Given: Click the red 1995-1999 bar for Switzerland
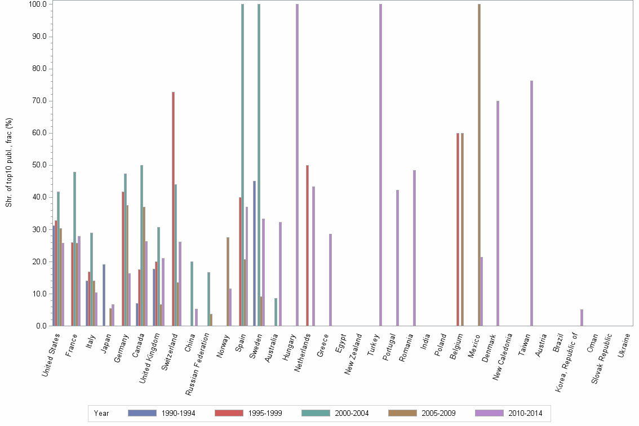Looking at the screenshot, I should (x=174, y=208).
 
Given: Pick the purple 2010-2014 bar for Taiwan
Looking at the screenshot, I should (x=531, y=203).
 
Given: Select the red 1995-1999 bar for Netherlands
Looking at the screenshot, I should (x=307, y=245).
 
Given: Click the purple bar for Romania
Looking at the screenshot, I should (x=414, y=248).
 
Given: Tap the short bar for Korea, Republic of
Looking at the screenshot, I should (x=582, y=318).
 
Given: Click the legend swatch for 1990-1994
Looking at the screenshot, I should (x=143, y=413).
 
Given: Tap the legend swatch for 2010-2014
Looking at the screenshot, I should (x=490, y=413).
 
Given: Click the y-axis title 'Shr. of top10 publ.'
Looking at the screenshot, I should (x=8, y=163).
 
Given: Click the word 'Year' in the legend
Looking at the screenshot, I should (x=102, y=413).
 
